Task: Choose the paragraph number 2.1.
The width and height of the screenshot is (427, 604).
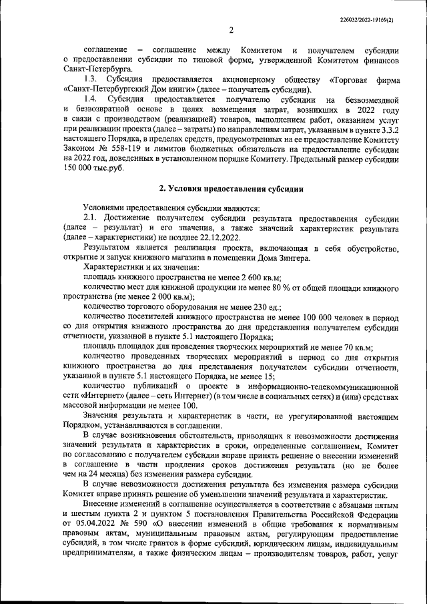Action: pos(91,219)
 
